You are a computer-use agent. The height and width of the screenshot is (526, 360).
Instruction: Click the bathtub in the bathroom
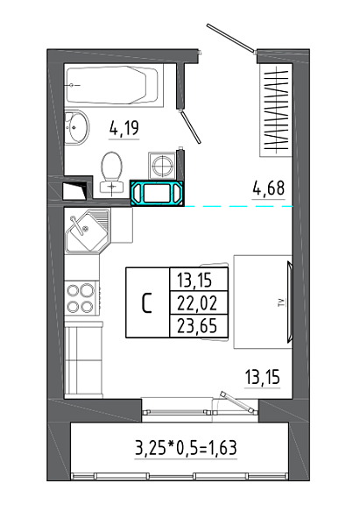[x=112, y=86]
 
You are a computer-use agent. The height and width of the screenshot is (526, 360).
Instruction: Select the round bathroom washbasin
[x=76, y=127]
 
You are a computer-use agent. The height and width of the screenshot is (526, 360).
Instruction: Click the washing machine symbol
[x=163, y=165]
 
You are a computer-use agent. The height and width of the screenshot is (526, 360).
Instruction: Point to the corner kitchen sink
[x=87, y=231]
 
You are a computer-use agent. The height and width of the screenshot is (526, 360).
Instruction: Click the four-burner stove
[x=81, y=298]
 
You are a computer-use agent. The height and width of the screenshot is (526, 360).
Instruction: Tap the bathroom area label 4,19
[x=124, y=129]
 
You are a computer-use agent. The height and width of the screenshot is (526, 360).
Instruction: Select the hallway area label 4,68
[x=269, y=188]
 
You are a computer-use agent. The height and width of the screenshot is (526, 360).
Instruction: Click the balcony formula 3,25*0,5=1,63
[x=186, y=448]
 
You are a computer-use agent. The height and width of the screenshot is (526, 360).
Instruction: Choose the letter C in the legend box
[x=147, y=303]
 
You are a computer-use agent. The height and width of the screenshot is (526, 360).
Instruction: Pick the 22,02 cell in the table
[x=197, y=303]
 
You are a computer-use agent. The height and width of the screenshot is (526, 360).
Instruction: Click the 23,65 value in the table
[x=197, y=326]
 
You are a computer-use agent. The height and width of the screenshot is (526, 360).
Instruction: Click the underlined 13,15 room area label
[x=263, y=377]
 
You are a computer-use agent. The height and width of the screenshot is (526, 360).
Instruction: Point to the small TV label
[x=283, y=303]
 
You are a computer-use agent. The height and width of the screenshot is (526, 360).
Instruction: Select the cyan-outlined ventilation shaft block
[x=158, y=193]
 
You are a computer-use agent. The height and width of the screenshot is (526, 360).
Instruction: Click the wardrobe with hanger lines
[x=276, y=110]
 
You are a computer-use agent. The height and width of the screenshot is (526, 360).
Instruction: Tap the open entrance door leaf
[x=230, y=38]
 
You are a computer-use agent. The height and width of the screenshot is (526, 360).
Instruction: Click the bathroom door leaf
[x=190, y=127]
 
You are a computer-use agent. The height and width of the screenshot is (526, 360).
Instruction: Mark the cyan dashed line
[x=238, y=206]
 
